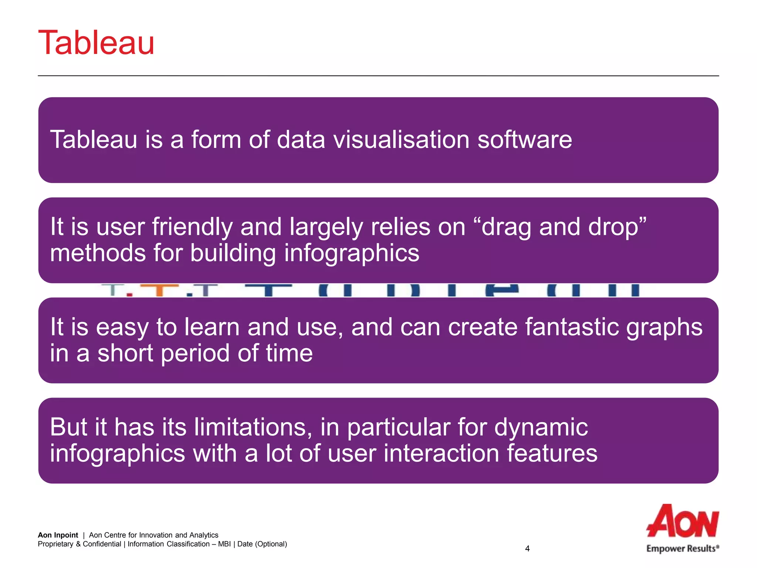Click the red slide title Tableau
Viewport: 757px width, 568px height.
(x=96, y=43)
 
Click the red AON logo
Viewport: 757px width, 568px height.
(x=682, y=521)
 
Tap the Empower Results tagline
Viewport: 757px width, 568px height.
(x=682, y=548)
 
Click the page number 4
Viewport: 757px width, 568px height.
(x=527, y=549)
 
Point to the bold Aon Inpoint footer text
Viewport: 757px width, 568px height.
(x=58, y=535)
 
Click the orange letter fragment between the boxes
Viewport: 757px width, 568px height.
(x=160, y=290)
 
